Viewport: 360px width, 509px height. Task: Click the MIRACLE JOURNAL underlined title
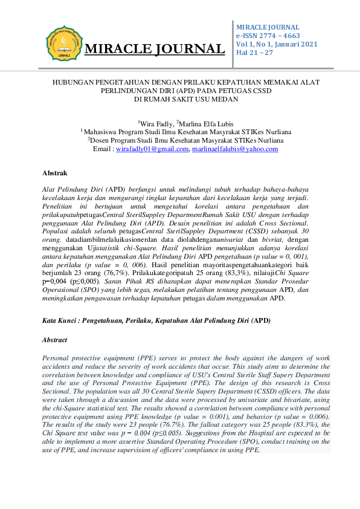click(155, 49)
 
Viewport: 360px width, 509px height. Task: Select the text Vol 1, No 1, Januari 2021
click(276, 45)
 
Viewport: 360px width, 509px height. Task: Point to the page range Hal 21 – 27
click(254, 53)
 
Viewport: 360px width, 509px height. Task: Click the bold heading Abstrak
click(55, 173)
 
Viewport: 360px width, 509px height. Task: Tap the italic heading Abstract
click(56, 340)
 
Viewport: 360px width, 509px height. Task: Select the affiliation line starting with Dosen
click(180, 140)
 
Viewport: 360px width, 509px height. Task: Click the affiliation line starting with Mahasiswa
click(179, 132)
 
